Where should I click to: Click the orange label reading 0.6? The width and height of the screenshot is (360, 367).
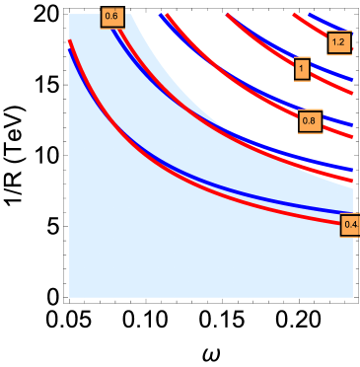(111, 17)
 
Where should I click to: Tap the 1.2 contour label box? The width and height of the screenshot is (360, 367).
(338, 42)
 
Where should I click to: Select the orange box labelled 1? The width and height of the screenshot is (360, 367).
(302, 69)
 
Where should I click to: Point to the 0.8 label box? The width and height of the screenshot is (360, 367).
(309, 121)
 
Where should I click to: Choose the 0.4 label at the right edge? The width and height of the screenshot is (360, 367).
(350, 225)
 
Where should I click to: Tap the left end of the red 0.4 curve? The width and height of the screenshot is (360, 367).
(69, 40)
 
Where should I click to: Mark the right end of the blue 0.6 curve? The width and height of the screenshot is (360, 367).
(352, 170)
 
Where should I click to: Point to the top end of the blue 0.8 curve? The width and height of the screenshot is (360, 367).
(161, 15)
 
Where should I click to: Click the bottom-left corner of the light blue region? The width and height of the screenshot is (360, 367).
(70, 296)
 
